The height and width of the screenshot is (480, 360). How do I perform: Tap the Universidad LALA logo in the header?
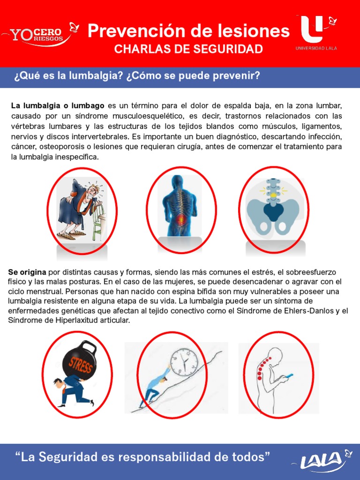pyautogui.click(x=315, y=32)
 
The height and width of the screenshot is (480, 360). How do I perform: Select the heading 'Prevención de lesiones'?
pyautogui.click(x=188, y=31)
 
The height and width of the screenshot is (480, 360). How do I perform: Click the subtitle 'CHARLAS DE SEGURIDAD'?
pyautogui.click(x=188, y=50)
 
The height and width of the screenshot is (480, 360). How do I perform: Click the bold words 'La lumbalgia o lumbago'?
pyautogui.click(x=58, y=106)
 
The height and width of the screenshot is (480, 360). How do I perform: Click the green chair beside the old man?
pyautogui.click(x=99, y=220)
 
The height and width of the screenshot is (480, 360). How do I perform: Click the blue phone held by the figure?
pyautogui.click(x=289, y=376)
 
